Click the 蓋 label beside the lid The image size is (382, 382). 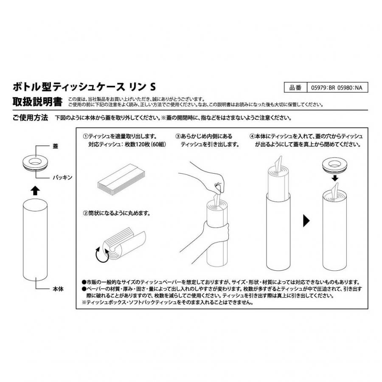coord(55,146)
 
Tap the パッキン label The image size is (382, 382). coord(63,177)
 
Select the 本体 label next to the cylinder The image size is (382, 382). coord(58,289)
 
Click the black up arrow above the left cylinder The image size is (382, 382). coord(35,191)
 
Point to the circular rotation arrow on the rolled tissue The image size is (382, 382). coord(102,255)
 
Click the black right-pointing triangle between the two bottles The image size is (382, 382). coord(306,220)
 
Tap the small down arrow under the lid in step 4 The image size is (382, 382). coord(335,178)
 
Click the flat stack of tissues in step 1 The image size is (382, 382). coord(121,180)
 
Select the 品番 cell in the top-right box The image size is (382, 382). coord(295,88)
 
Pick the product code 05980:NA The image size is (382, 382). coord(350,88)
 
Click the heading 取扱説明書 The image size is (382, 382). coord(37,101)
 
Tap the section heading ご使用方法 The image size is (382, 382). coord(30,118)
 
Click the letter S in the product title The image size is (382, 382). coord(153,87)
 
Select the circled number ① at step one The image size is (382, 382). coord(85,136)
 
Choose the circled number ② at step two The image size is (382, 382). coord(85,213)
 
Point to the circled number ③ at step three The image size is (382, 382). coord(178,136)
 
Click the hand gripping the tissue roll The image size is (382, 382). coord(216,230)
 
